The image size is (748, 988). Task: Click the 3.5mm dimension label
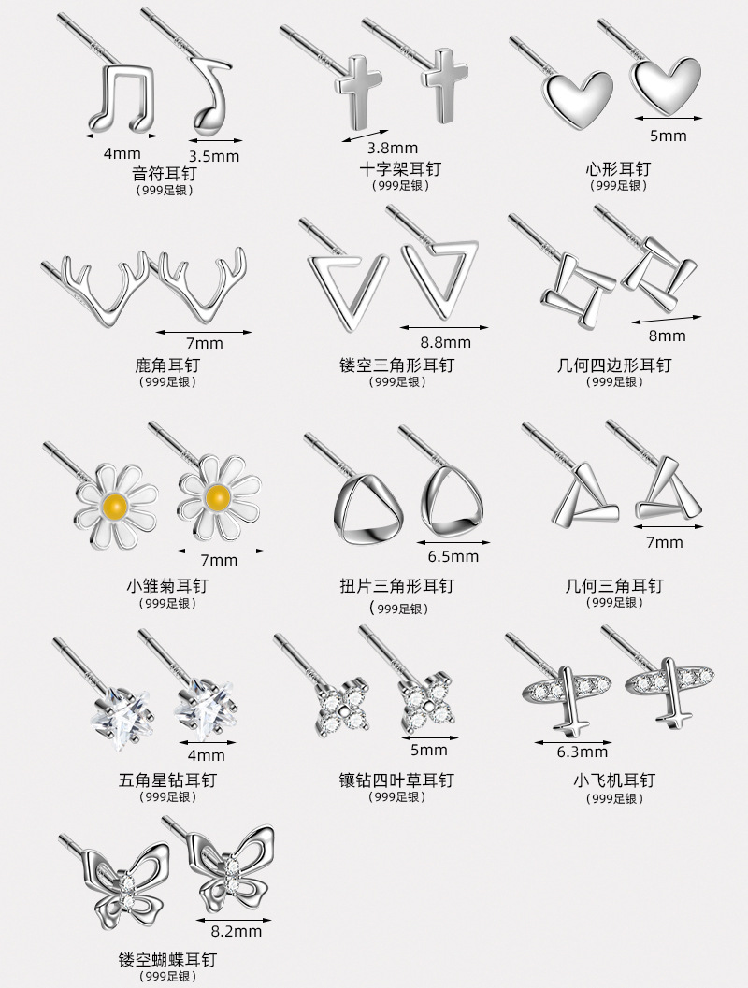[214, 156]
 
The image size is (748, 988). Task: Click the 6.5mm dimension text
[453, 556]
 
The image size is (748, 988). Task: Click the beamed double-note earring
[122, 98]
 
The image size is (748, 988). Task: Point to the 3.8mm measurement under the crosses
[392, 148]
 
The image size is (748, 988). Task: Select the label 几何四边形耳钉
[613, 365]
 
